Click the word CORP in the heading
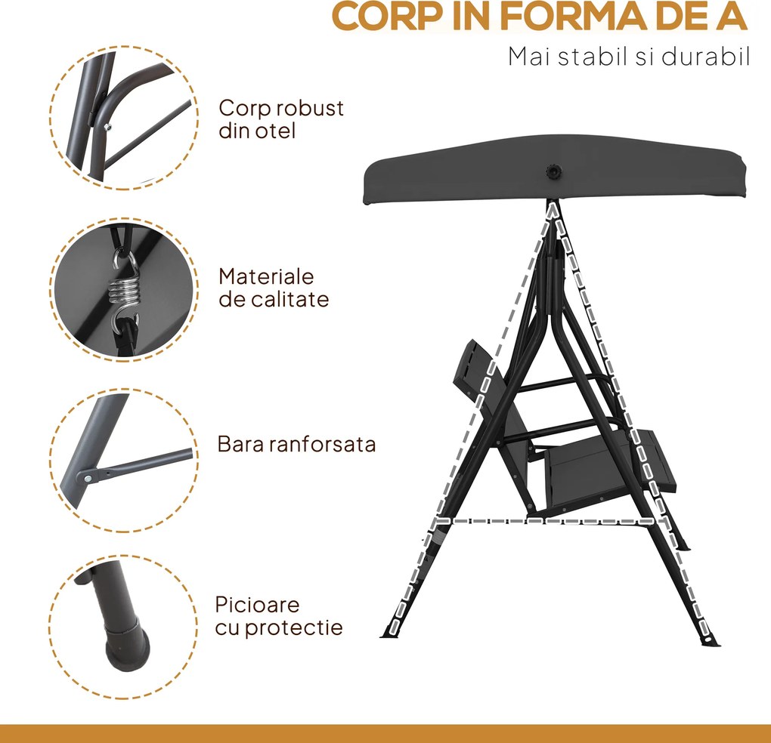tap(386, 16)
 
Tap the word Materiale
tap(266, 277)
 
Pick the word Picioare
tap(257, 605)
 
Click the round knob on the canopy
tap(554, 172)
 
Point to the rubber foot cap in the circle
tap(126, 645)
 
